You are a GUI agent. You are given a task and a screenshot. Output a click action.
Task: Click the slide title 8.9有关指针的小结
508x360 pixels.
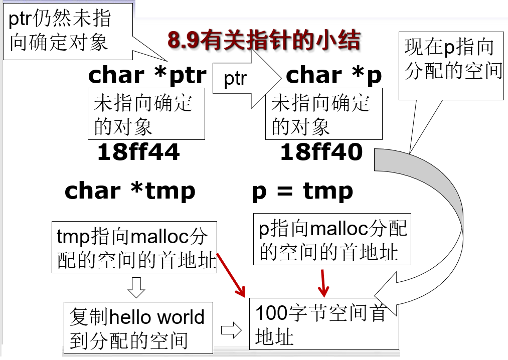(264, 42)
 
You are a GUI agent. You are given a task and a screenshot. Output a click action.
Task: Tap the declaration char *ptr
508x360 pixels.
(147, 75)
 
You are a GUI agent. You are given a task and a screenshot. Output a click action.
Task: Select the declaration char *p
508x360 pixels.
(333, 75)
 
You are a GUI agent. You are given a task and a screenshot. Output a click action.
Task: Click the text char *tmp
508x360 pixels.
(130, 191)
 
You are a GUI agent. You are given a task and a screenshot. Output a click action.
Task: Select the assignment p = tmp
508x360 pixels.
(302, 191)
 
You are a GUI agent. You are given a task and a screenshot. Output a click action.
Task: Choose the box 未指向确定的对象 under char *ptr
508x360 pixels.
(146, 114)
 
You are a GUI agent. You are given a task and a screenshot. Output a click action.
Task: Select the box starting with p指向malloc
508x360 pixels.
(332, 239)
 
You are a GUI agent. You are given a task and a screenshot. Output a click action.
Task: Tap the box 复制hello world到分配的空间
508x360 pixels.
(138, 327)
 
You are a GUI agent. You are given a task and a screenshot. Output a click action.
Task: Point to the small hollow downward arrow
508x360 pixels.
(137, 287)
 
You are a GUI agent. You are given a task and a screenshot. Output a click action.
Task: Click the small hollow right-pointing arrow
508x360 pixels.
(231, 330)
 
